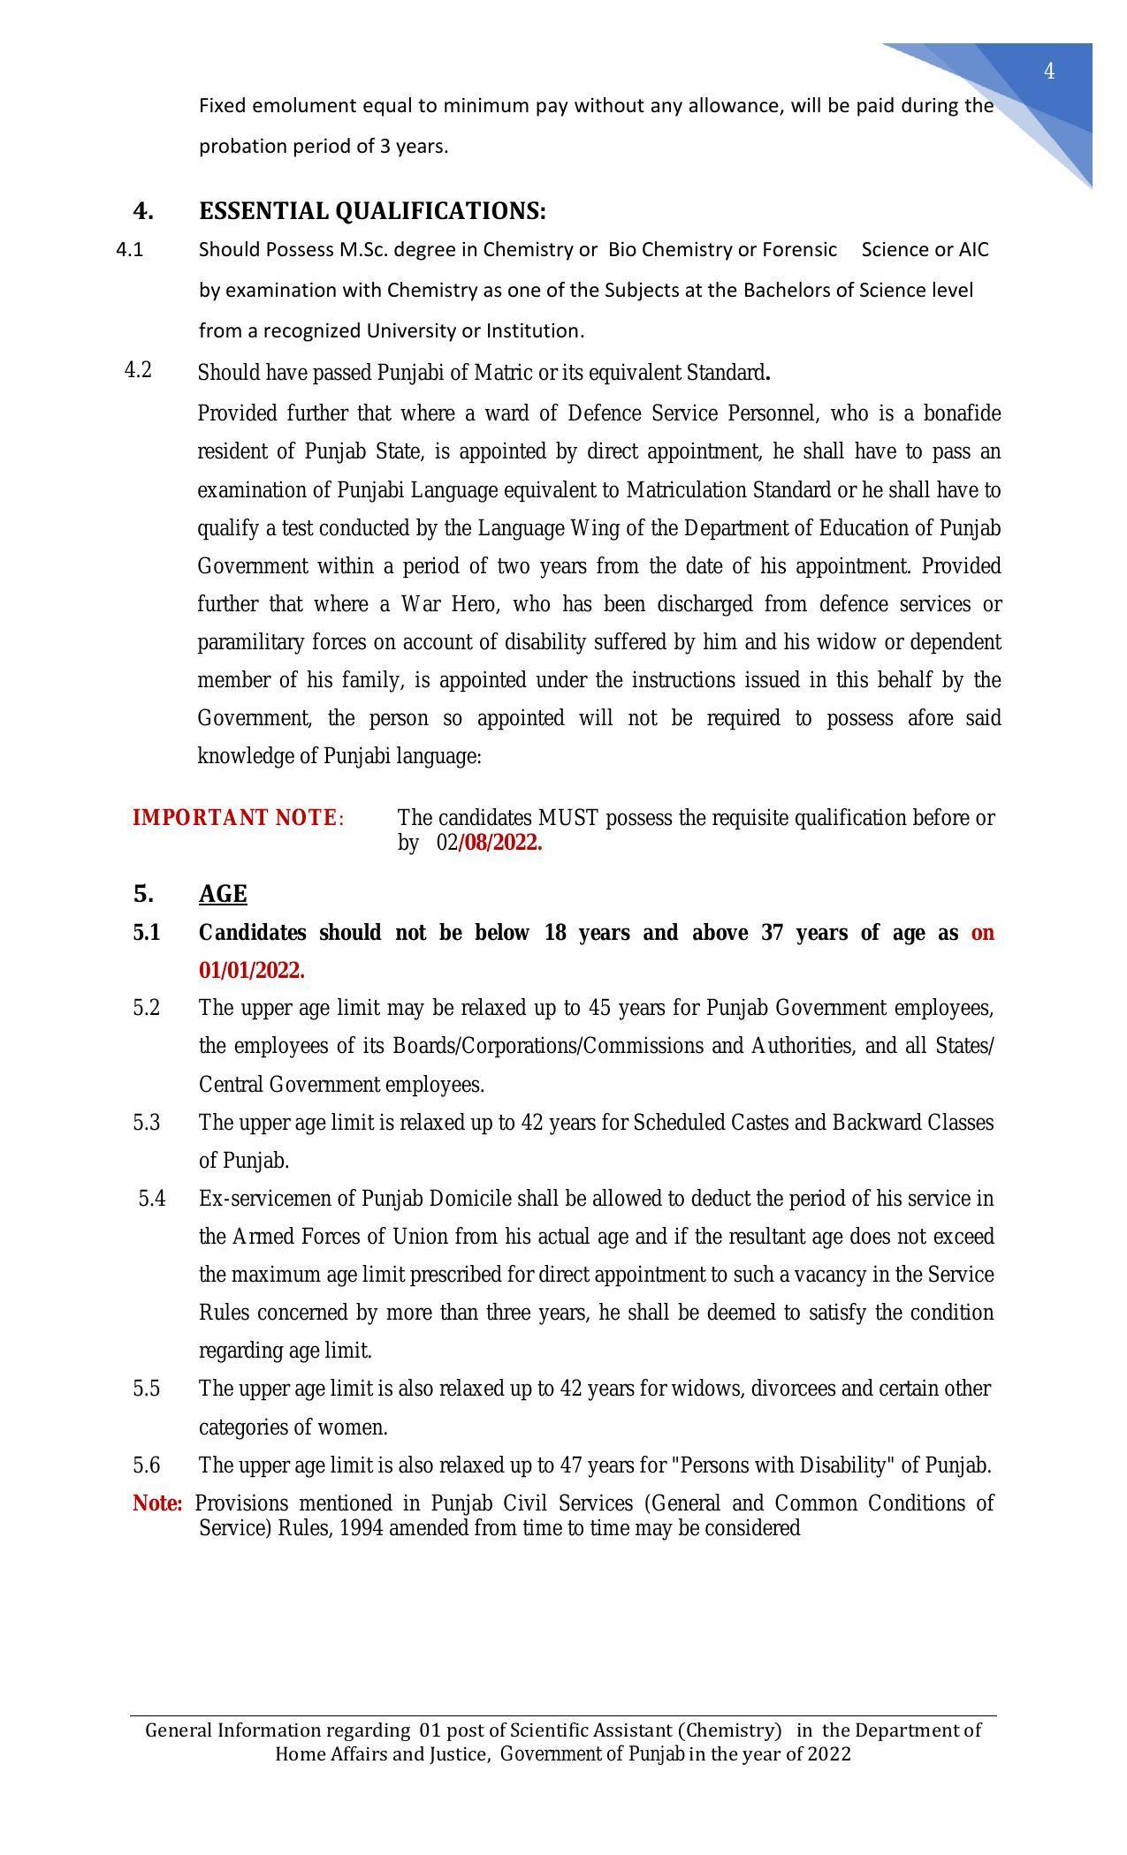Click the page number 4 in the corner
(1049, 72)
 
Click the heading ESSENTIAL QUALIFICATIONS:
(372, 211)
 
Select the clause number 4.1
(129, 250)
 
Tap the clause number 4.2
(138, 370)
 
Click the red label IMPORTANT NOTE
(234, 818)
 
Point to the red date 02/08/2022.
(490, 843)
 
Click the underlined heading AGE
(223, 894)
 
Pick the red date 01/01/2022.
(252, 971)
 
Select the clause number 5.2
(147, 1008)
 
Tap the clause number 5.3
(147, 1123)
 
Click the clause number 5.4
(152, 1199)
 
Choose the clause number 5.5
(147, 1389)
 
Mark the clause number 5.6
(147, 1465)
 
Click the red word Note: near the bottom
(157, 1503)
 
